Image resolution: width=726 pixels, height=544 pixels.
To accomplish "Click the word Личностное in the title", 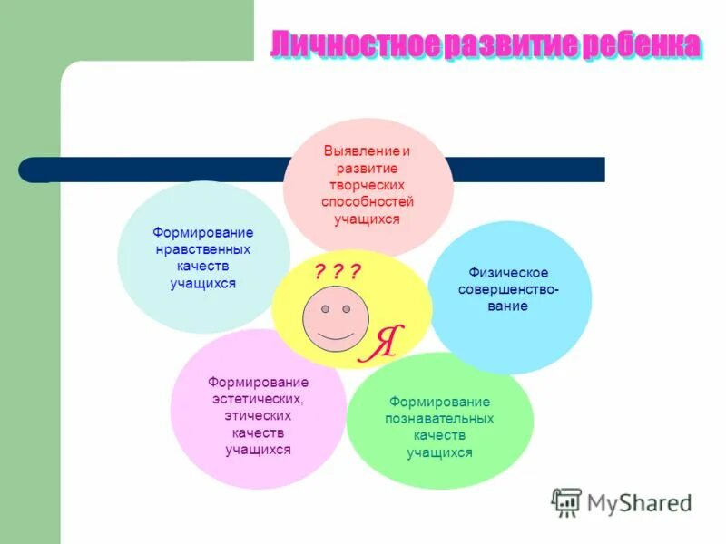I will click(x=355, y=44).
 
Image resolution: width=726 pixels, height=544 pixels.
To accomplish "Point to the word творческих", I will click(x=368, y=185).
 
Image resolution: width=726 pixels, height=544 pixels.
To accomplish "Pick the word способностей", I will click(x=368, y=202).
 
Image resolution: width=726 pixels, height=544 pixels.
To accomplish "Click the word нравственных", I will click(x=203, y=249).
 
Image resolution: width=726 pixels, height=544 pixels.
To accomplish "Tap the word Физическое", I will click(x=508, y=272).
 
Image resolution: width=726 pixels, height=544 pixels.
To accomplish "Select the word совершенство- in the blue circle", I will click(x=508, y=289).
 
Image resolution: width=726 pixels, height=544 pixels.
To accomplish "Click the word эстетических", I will click(x=258, y=398).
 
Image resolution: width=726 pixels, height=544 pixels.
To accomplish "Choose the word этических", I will click(x=258, y=415).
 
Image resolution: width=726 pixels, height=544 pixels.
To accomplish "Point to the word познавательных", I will click(x=439, y=419).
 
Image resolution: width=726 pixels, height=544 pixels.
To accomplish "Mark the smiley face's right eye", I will click(x=347, y=309).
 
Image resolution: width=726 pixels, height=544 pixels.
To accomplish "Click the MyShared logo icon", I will click(x=566, y=502).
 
